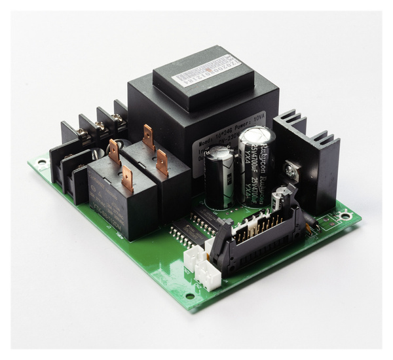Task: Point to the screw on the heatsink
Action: (291, 171)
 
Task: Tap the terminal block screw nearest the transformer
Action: (117, 118)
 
